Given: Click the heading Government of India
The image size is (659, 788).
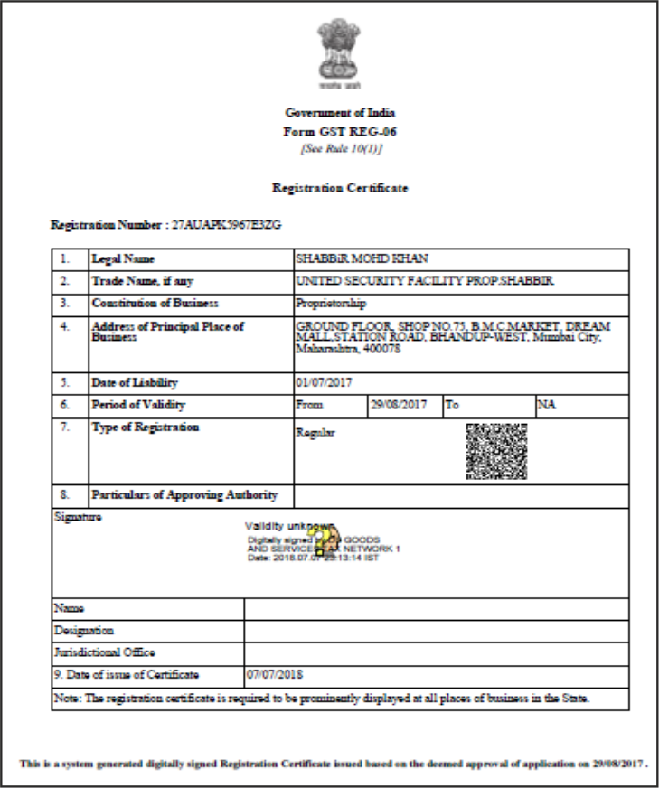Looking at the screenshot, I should (340, 113).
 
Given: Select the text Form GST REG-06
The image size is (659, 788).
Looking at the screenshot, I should (340, 131).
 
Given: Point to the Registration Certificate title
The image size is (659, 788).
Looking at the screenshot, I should (340, 188).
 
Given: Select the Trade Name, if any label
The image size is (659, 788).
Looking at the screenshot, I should (142, 281).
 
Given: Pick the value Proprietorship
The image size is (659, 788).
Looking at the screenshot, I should (331, 304).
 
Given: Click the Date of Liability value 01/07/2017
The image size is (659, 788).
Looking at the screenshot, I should (322, 383).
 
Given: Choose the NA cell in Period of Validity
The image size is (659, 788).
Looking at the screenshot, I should (547, 405).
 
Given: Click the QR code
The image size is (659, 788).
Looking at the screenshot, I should (496, 451).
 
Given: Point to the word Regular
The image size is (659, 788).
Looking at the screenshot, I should (315, 433).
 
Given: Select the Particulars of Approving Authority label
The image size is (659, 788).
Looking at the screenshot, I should (184, 495).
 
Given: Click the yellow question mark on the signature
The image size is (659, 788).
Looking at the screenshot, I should (323, 539).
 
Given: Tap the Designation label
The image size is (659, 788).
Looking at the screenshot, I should (84, 630).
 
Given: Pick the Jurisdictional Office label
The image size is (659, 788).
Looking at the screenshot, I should (104, 652).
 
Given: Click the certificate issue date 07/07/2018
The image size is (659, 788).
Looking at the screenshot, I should (275, 675).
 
